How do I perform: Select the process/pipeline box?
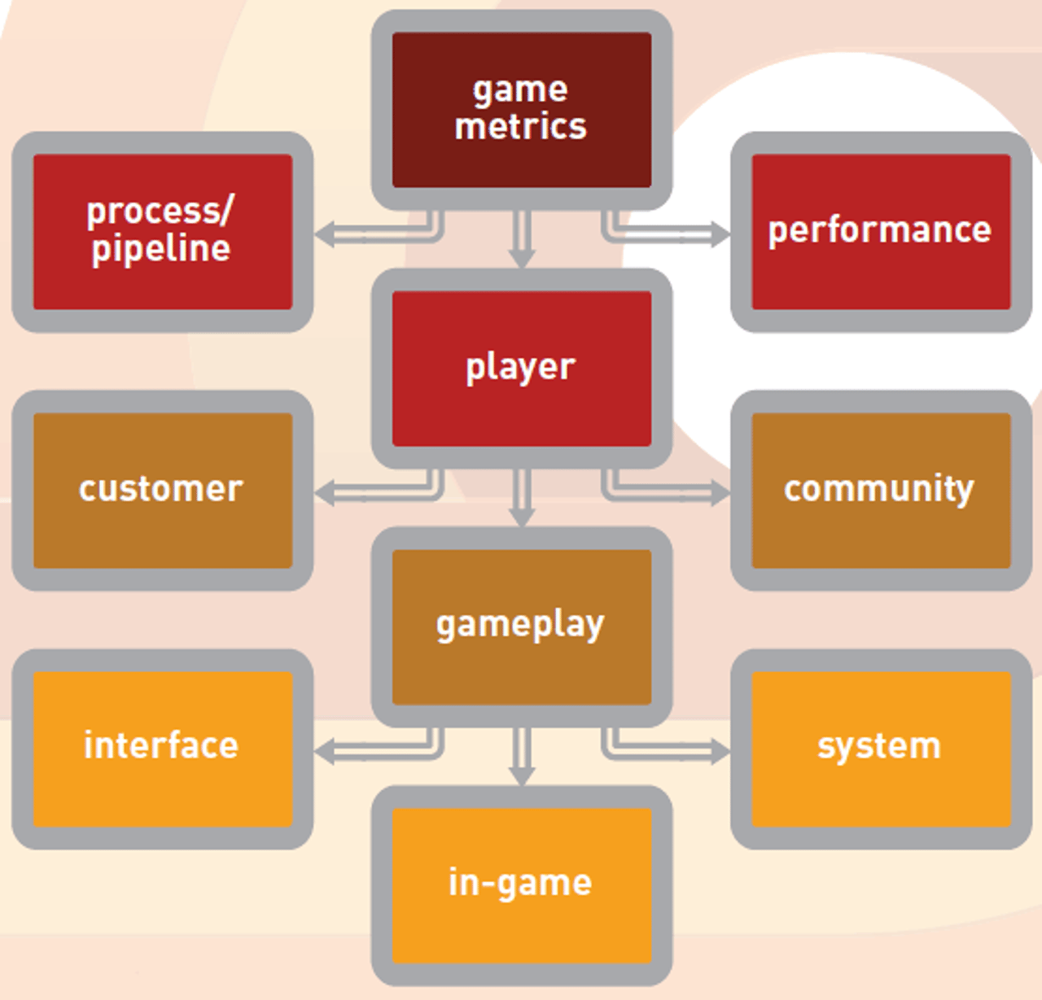coord(162,231)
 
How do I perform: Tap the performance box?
coord(881,231)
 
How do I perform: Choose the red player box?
coord(521,368)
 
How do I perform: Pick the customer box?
coord(162,490)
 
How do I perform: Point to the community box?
coord(881,490)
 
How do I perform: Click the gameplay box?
coord(521,626)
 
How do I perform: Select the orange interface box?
coord(162,748)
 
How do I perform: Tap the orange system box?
coord(881,748)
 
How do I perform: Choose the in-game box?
coord(521,884)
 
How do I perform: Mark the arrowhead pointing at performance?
coord(720,234)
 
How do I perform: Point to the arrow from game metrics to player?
coord(522,240)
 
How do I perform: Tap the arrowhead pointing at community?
coord(720,492)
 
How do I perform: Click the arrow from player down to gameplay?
coord(522,498)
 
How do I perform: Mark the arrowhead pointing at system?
coord(720,751)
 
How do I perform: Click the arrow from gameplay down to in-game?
coord(522,757)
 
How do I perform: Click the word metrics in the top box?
coord(521,127)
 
